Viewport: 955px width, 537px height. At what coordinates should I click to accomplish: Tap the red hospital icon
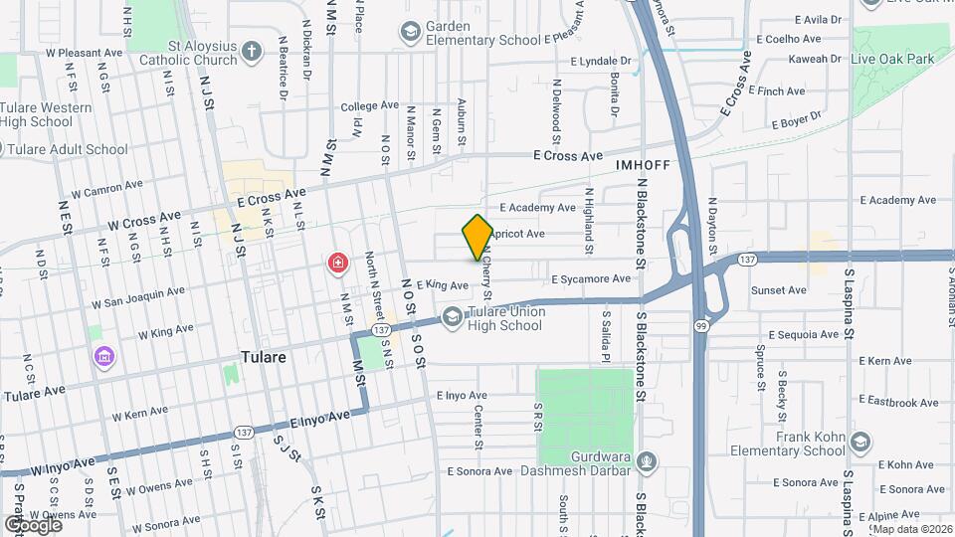[x=338, y=264]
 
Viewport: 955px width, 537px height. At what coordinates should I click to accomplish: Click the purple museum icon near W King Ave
[x=101, y=355]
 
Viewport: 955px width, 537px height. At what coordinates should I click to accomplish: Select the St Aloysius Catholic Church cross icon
[x=253, y=50]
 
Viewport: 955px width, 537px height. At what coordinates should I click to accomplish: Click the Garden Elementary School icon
[x=409, y=33]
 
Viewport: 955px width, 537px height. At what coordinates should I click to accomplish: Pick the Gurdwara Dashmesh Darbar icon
[x=648, y=461]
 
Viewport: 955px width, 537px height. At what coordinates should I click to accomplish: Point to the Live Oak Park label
[x=893, y=60]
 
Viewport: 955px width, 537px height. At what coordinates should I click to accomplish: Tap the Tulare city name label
[x=264, y=357]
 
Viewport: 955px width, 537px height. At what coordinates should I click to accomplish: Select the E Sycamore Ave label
[x=591, y=279]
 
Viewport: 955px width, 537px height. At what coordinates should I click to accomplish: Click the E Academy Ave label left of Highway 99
[x=538, y=208]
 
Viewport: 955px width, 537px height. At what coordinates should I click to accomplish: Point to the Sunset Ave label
[x=779, y=290]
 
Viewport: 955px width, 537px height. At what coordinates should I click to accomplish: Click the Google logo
[x=33, y=523]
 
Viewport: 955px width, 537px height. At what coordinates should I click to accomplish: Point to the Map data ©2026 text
[x=912, y=529]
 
